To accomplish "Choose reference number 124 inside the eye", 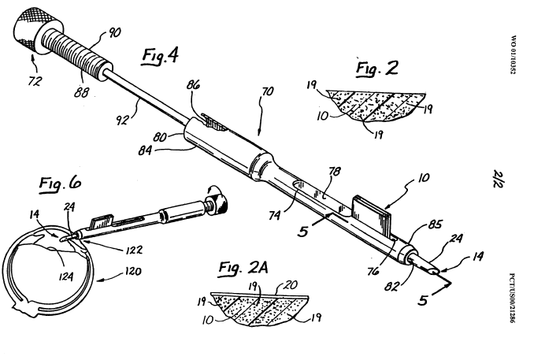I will coord(65,276).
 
